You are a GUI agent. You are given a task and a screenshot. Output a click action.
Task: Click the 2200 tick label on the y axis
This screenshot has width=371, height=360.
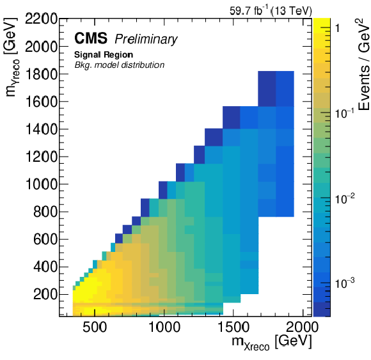point(41,19)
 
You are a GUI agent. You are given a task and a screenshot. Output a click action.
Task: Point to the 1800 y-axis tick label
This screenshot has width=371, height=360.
point(41,74)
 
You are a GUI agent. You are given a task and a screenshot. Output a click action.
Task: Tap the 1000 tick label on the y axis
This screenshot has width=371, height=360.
point(41,184)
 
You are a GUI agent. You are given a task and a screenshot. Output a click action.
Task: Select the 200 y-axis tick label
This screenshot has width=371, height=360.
point(45,295)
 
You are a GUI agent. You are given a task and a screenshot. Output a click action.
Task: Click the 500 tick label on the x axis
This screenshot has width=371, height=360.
point(95,327)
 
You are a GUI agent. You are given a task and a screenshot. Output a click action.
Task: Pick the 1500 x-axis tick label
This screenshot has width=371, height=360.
point(233,327)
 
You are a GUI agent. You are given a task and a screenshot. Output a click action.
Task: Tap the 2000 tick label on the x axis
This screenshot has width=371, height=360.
point(302,327)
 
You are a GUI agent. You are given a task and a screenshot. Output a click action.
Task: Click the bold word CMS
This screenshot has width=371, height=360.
point(91,38)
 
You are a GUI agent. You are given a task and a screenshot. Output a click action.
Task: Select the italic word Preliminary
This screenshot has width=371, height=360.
point(146,39)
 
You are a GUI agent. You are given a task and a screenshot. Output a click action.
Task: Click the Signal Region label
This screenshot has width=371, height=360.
point(104,55)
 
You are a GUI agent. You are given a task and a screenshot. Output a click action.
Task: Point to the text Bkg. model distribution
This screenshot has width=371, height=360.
point(120,65)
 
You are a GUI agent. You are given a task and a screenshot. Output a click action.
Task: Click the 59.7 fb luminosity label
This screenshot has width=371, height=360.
point(249,10)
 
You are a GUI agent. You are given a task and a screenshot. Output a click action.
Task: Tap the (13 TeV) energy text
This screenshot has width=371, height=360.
point(292,11)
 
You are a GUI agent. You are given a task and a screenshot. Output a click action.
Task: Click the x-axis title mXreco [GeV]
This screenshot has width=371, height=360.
point(272,342)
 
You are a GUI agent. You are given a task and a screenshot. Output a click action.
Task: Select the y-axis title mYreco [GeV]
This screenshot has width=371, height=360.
point(11,58)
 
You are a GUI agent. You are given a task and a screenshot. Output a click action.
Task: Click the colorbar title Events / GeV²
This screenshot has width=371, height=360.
point(363,65)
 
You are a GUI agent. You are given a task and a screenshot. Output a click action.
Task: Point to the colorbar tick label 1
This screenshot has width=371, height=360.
point(337,28)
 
